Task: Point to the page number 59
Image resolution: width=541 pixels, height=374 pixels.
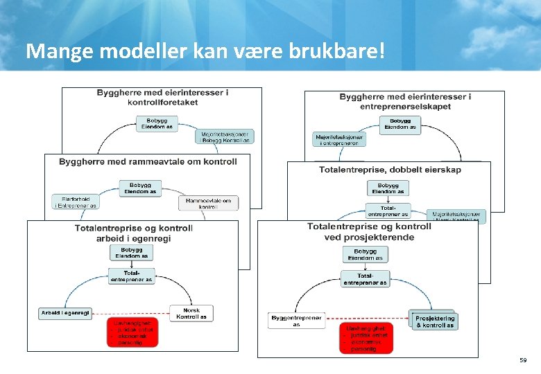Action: (x=522, y=361)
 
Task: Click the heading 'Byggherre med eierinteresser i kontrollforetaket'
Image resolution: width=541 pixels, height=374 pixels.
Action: (x=162, y=97)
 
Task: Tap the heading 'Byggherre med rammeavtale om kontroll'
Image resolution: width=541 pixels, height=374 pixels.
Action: (x=148, y=161)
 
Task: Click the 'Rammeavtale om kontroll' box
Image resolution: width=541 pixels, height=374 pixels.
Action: (x=208, y=203)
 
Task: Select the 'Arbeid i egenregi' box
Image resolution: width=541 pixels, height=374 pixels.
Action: (x=65, y=313)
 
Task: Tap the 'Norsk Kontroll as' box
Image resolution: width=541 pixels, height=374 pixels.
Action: (x=191, y=313)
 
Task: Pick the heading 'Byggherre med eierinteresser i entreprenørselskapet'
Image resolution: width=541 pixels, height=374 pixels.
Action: (x=405, y=101)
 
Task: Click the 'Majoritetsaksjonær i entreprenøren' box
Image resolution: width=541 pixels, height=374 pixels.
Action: (x=340, y=139)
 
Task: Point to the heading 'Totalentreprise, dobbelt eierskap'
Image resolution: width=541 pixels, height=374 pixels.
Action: (x=390, y=170)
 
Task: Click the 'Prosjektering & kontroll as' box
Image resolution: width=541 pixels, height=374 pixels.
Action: (x=434, y=321)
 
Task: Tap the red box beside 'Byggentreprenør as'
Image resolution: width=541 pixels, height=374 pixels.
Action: (x=366, y=338)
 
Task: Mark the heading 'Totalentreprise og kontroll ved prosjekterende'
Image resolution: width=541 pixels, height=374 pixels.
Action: (x=369, y=231)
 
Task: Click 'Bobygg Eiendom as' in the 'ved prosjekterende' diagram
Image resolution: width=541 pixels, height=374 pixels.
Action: (x=365, y=254)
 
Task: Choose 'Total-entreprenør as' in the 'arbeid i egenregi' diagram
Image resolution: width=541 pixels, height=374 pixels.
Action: (x=131, y=276)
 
